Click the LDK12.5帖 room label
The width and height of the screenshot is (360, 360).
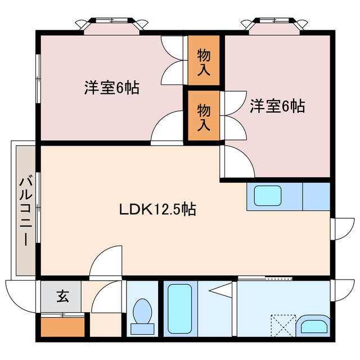point(157,210)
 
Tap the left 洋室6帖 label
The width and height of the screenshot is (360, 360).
point(112,88)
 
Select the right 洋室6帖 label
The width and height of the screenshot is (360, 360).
point(277,106)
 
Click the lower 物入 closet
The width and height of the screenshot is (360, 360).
point(204,115)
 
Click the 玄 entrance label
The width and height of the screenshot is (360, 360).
point(62,296)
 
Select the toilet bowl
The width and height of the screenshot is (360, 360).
point(143,313)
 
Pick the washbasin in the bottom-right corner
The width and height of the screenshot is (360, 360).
point(313,326)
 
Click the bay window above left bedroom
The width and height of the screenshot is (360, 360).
point(112,23)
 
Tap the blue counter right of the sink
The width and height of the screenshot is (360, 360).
point(316,196)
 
